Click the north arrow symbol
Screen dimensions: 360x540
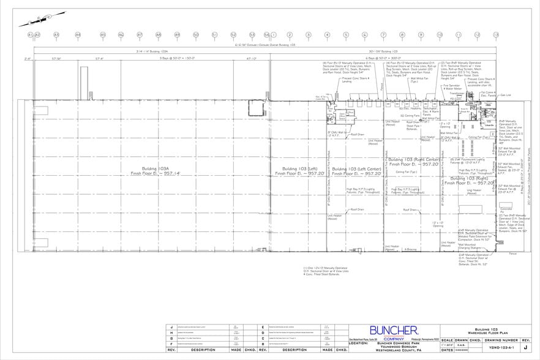34,20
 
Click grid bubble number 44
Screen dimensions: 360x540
78,35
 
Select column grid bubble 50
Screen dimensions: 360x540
196,35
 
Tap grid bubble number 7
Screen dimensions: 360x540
383,35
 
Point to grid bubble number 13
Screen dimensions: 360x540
496,35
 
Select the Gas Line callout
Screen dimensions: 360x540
506,96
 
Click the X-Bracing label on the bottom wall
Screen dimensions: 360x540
410,249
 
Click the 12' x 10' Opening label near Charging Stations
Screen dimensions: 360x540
438,224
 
